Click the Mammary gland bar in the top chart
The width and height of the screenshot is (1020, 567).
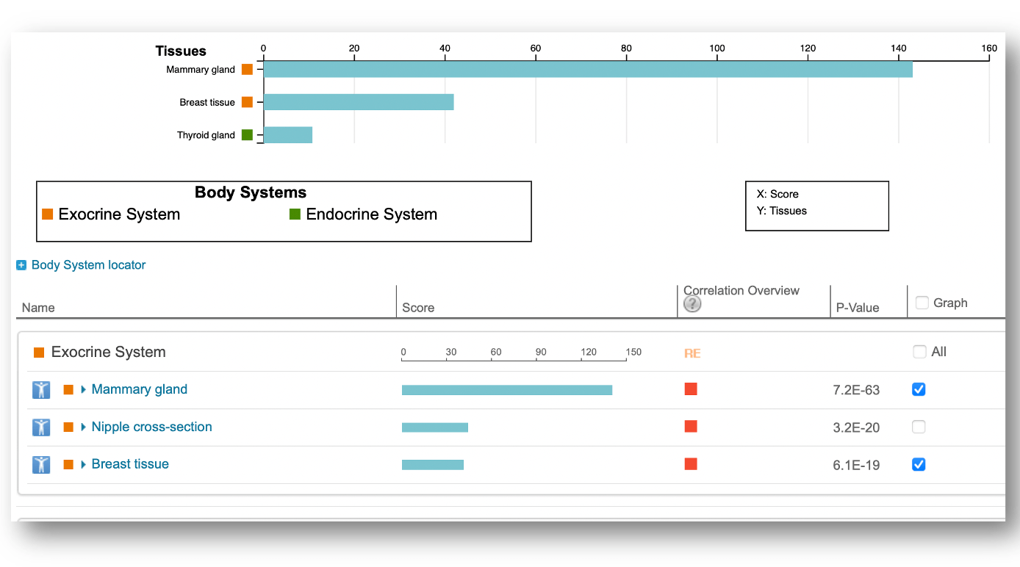588,70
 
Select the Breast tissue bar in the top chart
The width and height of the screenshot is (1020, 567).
359,102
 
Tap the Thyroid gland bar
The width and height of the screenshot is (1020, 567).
288,135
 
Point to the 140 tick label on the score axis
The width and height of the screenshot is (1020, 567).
899,48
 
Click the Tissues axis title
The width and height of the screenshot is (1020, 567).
181,51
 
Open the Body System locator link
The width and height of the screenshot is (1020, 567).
88,265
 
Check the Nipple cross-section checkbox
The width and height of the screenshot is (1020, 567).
919,427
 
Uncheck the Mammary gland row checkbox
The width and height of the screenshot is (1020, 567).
919,389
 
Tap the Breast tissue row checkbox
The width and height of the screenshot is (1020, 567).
919,464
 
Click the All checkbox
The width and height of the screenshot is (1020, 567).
920,352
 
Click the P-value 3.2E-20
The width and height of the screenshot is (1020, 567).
856,427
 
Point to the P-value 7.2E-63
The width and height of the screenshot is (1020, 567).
856,390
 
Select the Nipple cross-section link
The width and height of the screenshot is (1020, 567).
151,427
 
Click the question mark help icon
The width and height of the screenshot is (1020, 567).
692,304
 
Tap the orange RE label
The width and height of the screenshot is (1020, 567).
692,353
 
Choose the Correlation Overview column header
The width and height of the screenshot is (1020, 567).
741,291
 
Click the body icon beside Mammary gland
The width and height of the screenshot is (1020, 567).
41,389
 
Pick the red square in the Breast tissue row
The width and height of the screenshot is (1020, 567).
691,464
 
